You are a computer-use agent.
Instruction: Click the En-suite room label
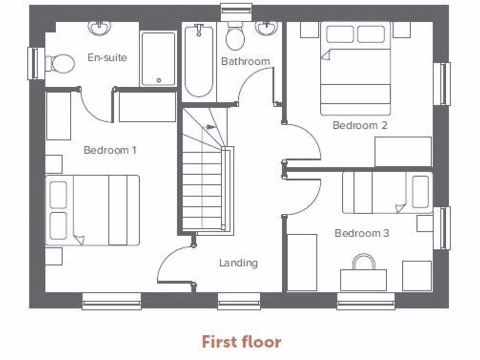click(x=107, y=58)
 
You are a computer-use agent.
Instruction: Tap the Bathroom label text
click(x=245, y=61)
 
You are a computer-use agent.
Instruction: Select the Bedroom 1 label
click(x=110, y=150)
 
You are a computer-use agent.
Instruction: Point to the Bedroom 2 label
click(x=360, y=125)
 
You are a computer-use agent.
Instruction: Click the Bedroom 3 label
click(x=361, y=233)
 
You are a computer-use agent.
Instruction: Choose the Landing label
click(x=239, y=263)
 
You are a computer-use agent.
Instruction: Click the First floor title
click(x=241, y=342)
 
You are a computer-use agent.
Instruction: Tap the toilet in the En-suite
click(x=61, y=63)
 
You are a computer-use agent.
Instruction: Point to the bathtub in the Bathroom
click(x=199, y=61)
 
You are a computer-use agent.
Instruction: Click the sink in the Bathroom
click(x=267, y=29)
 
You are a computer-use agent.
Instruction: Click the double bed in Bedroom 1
click(x=93, y=210)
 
